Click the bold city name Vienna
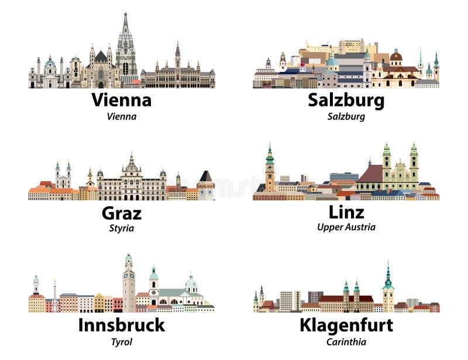click(121, 100)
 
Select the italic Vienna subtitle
click(121, 116)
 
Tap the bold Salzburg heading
click(346, 100)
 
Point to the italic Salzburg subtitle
click(346, 116)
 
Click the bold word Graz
click(121, 213)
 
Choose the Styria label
click(121, 228)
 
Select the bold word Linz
click(346, 212)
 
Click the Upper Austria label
click(346, 227)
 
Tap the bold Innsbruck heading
click(121, 325)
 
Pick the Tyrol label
click(121, 341)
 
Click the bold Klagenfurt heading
click(346, 325)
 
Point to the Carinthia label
click(346, 341)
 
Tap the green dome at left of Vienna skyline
click(50, 62)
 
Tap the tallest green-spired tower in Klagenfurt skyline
click(388, 286)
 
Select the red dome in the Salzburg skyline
click(396, 57)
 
